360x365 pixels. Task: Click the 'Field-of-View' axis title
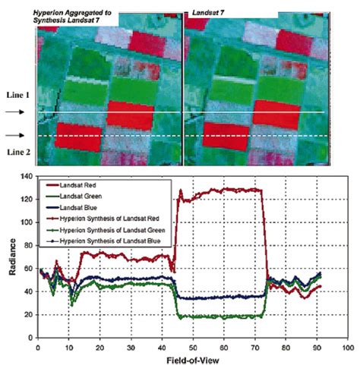(x=192, y=359)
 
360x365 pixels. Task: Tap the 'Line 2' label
(x=16, y=152)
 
